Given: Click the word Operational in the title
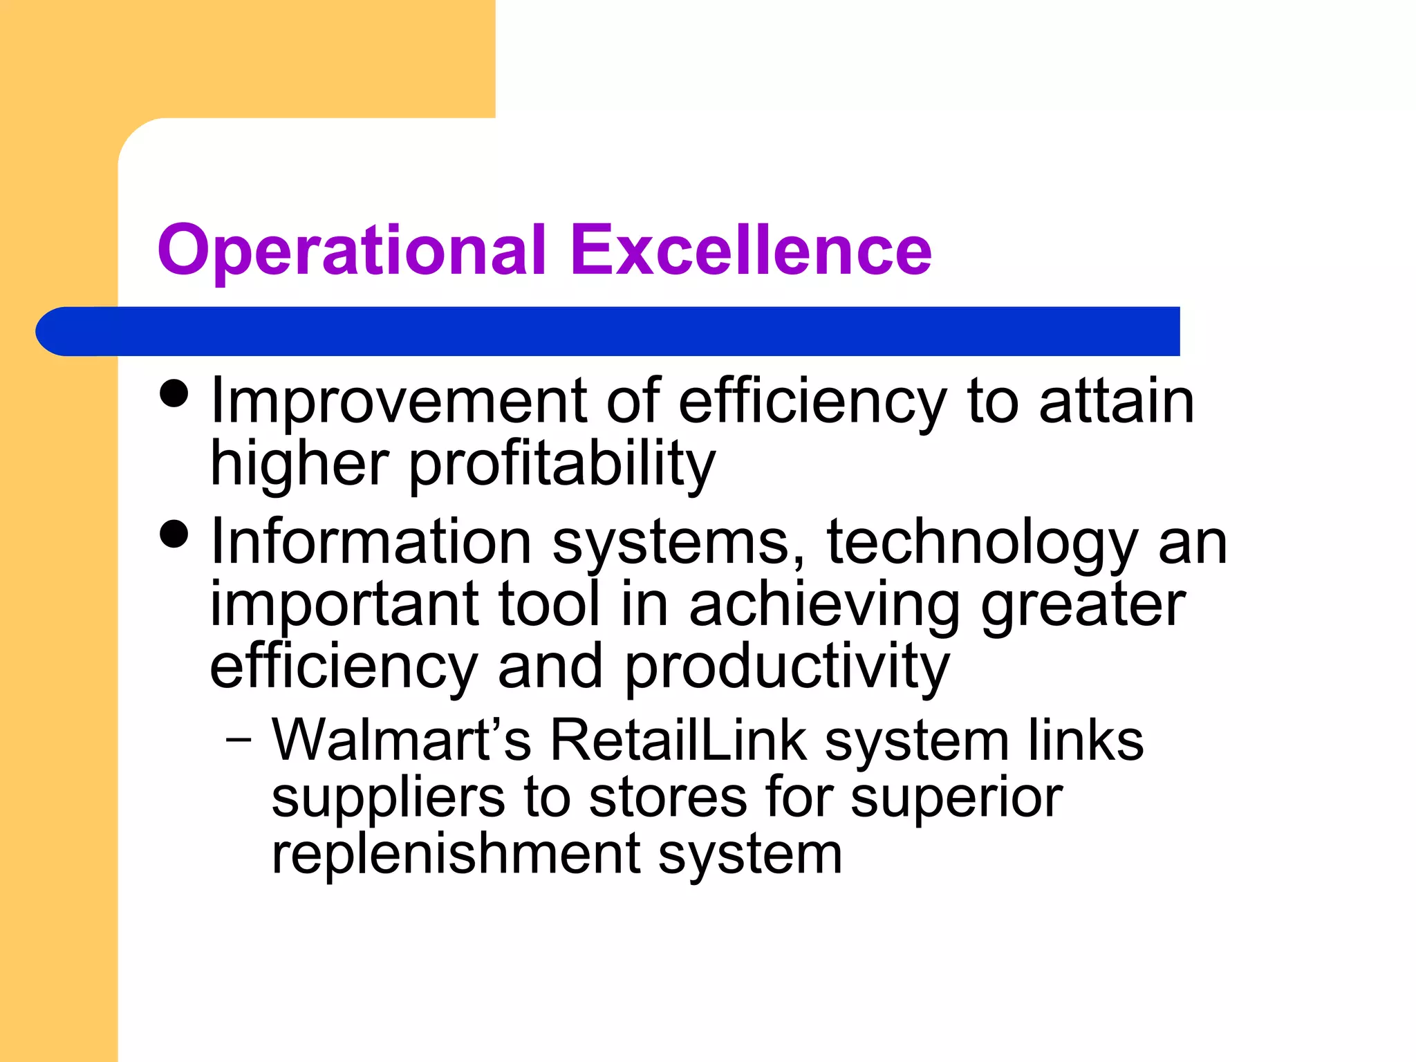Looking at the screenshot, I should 352,250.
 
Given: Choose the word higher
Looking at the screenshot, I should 299,463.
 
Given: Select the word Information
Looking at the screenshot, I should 371,542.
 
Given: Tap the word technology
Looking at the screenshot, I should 982,543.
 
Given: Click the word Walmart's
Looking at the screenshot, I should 401,740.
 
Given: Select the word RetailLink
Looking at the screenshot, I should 678,740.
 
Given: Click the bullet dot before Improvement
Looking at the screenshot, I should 174,394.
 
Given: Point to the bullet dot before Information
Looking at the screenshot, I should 174,534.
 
